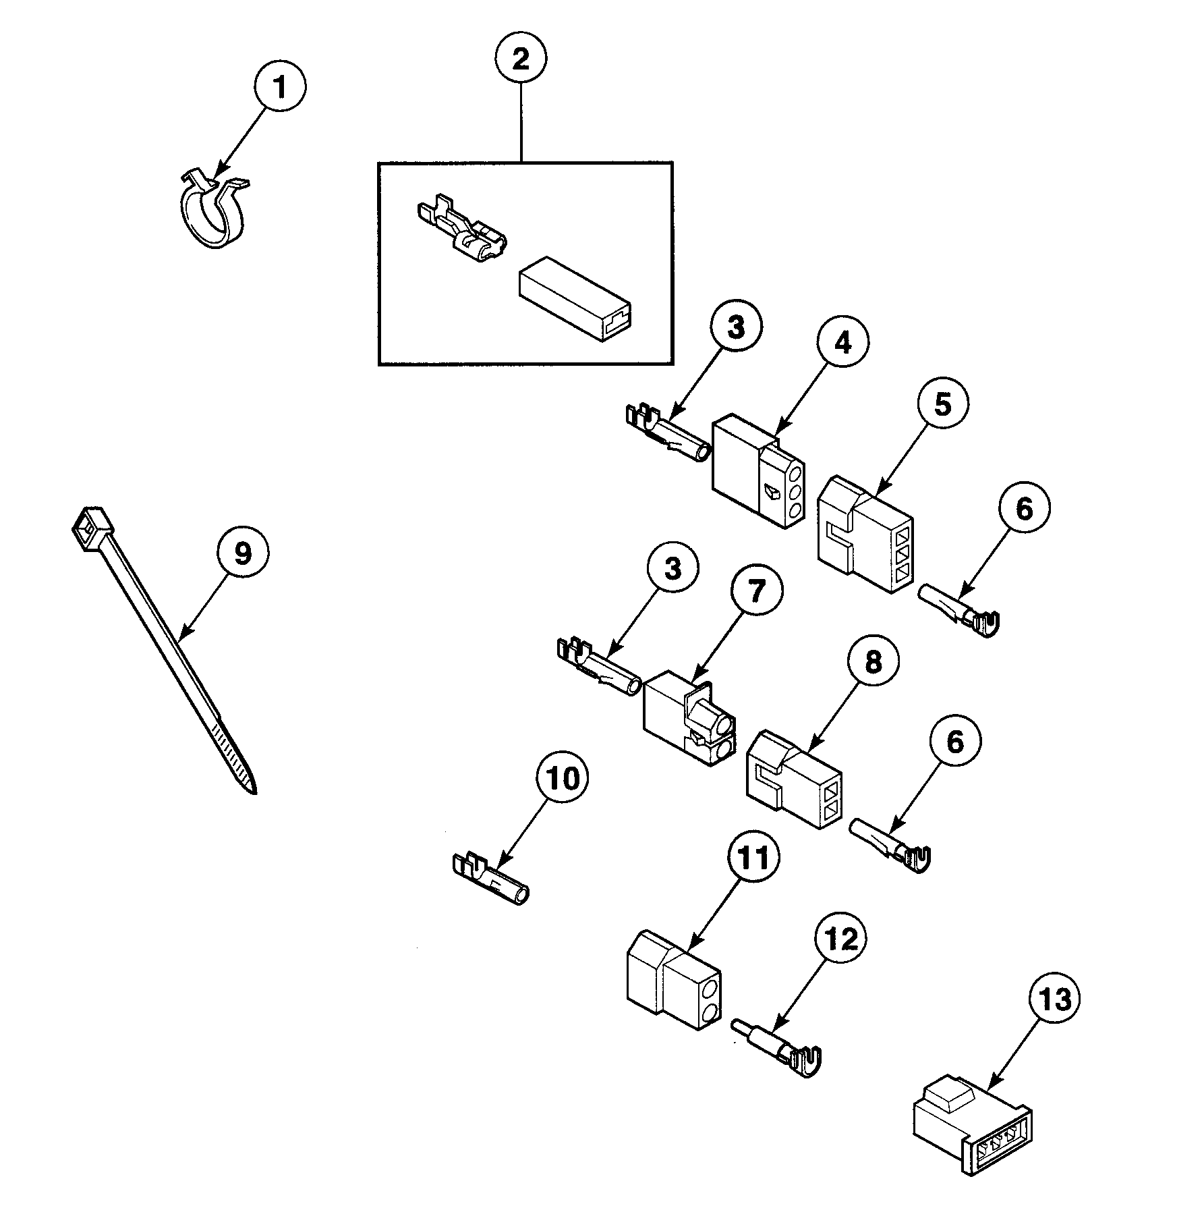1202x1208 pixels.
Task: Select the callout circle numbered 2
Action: (x=521, y=59)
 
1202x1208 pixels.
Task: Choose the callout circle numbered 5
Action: (x=942, y=404)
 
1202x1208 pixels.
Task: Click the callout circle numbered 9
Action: (x=242, y=553)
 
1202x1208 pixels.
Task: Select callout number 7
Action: (x=756, y=593)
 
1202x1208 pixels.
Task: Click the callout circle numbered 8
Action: (x=874, y=662)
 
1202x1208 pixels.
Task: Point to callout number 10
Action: (x=563, y=779)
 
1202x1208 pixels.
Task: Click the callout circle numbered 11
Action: (x=752, y=860)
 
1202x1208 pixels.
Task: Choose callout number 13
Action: (x=1054, y=999)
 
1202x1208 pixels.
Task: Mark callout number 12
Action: (x=841, y=939)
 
